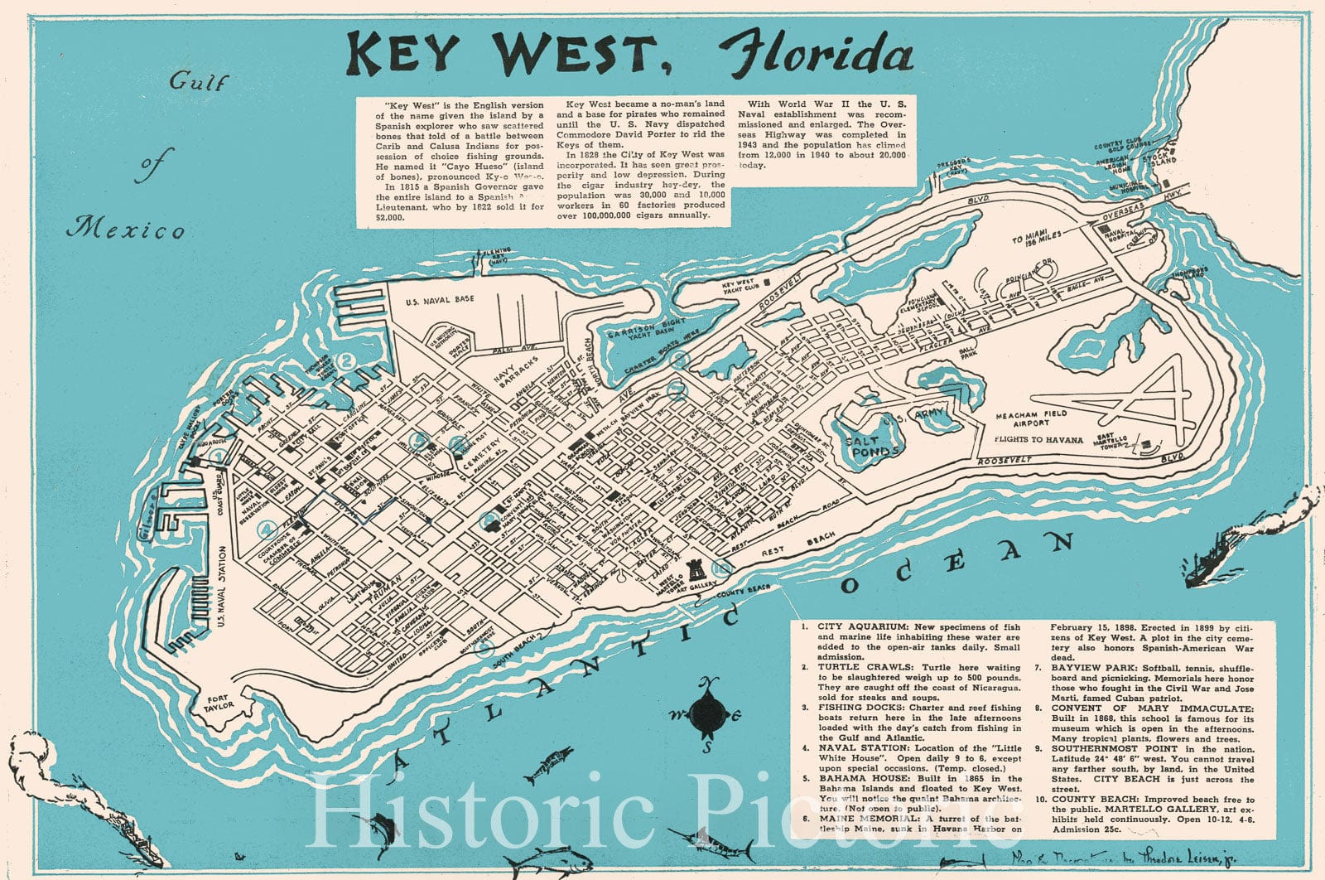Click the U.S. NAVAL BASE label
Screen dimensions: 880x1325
tap(440, 298)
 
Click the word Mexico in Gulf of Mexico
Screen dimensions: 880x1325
tap(126, 228)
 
